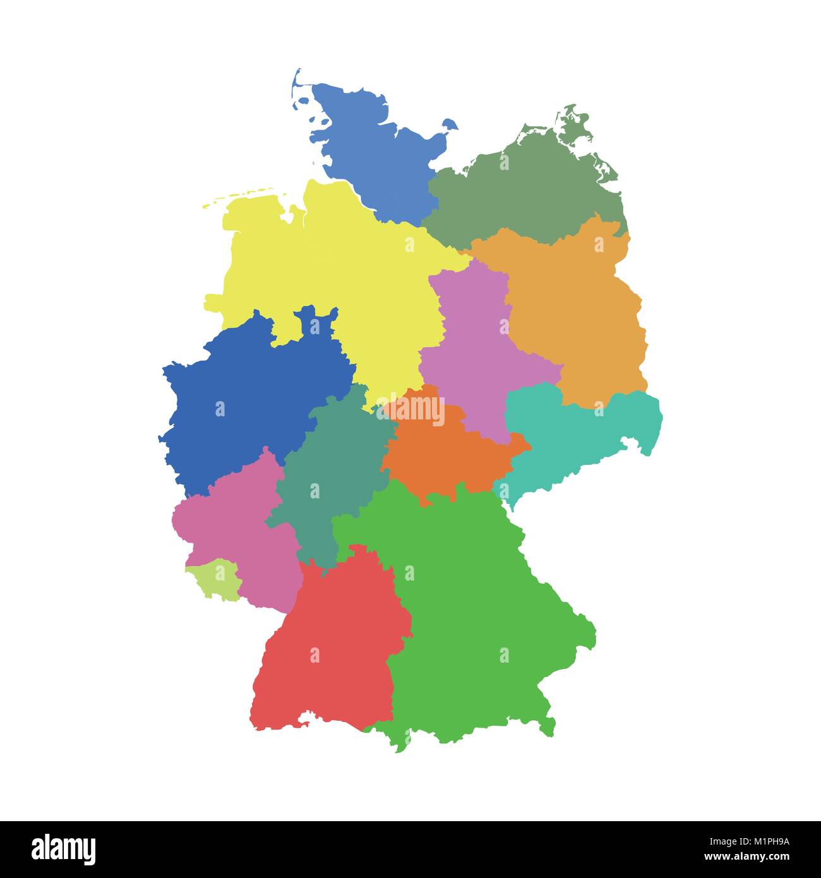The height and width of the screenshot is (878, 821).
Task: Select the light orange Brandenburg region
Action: point(575,303)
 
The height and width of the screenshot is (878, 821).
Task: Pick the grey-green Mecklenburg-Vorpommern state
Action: point(524,189)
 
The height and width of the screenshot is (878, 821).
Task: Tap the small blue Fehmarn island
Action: point(450,124)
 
